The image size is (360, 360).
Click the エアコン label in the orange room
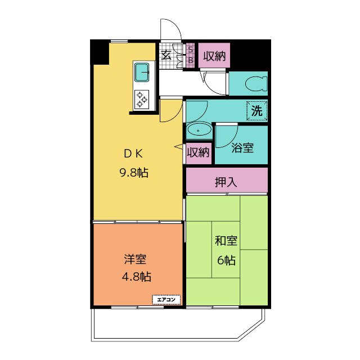tap(166, 300)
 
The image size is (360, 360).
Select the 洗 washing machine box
tap(256, 111)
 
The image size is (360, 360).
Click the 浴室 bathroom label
tap(242, 148)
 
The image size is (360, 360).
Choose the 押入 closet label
tap(226, 182)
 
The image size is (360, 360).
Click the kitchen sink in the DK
tap(142, 73)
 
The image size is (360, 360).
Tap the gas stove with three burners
tap(142, 99)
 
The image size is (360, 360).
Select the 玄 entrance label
tap(166, 55)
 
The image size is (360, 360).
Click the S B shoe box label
tap(190, 55)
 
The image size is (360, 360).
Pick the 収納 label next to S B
tap(214, 56)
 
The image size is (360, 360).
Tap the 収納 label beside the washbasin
tap(198, 152)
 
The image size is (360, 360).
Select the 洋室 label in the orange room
tap(136, 259)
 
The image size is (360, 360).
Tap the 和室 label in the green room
tap(226, 242)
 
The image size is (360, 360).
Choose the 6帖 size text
tap(226, 260)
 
